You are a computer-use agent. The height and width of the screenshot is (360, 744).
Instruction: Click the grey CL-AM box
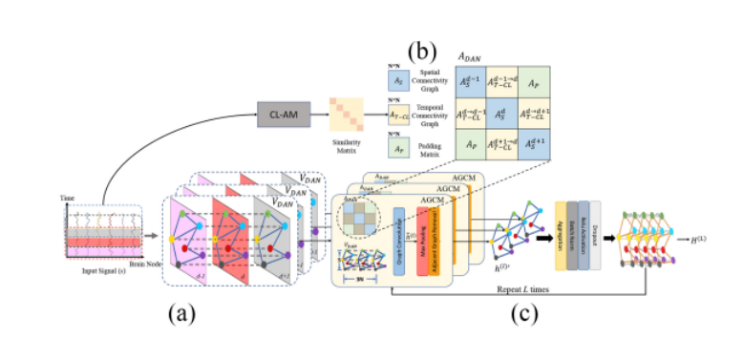click(279, 116)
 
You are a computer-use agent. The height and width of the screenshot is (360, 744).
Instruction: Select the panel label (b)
click(423, 48)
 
